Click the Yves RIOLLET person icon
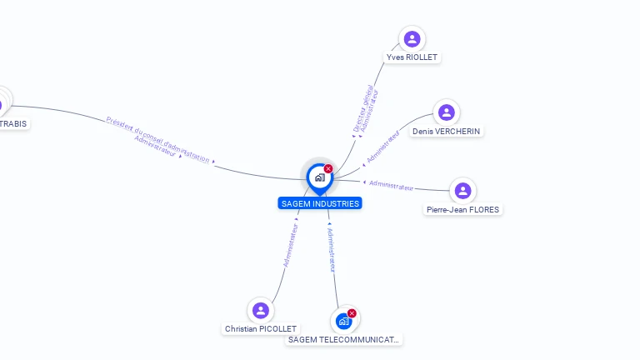pos(412,38)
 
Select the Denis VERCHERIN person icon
pos(447,112)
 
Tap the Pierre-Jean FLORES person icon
pos(462,191)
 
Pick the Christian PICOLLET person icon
pos(261,310)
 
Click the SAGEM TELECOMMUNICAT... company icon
pos(343,320)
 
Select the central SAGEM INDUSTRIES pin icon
pos(319,177)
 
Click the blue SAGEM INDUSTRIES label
pos(320,203)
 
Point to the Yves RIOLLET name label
pos(412,57)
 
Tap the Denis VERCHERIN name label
pos(447,132)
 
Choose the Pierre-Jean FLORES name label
pos(462,210)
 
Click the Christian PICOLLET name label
pos(261,329)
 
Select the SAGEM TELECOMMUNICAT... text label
pos(343,340)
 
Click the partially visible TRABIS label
pos(12,124)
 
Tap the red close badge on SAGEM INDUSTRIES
pos(328,169)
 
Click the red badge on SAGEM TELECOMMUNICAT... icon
pos(352,313)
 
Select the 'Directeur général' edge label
pos(363,108)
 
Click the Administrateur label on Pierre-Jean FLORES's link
pos(391,185)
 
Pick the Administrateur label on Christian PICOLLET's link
pos(291,244)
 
